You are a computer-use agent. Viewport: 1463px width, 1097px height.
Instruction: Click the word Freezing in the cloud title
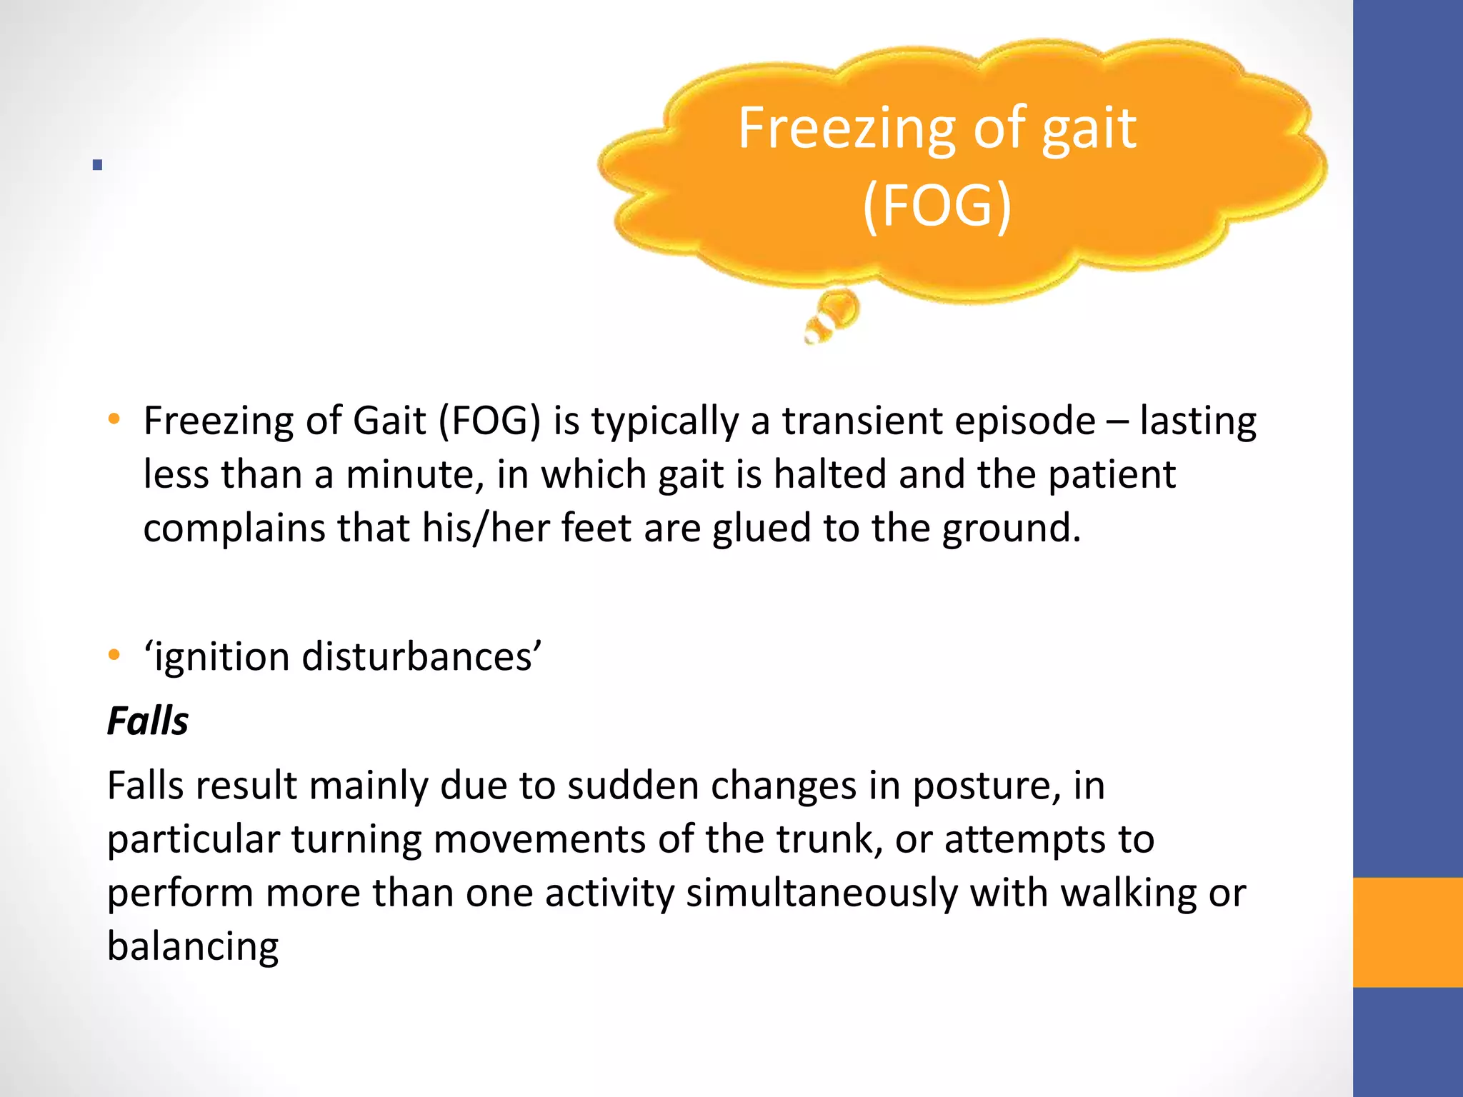(847, 129)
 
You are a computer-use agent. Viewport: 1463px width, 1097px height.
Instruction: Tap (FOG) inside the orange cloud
(937, 206)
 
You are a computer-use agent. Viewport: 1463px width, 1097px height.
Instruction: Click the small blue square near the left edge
(97, 165)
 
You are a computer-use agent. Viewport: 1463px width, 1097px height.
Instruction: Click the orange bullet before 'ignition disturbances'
(114, 654)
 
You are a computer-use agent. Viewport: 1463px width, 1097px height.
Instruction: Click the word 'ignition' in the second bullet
(220, 657)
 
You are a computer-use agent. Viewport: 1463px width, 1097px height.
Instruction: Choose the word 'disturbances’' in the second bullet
(421, 656)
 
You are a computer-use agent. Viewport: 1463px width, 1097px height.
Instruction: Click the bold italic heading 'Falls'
(148, 721)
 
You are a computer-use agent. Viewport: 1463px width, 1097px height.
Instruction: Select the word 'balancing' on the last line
(193, 947)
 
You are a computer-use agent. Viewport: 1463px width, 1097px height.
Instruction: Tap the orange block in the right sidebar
(1407, 932)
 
